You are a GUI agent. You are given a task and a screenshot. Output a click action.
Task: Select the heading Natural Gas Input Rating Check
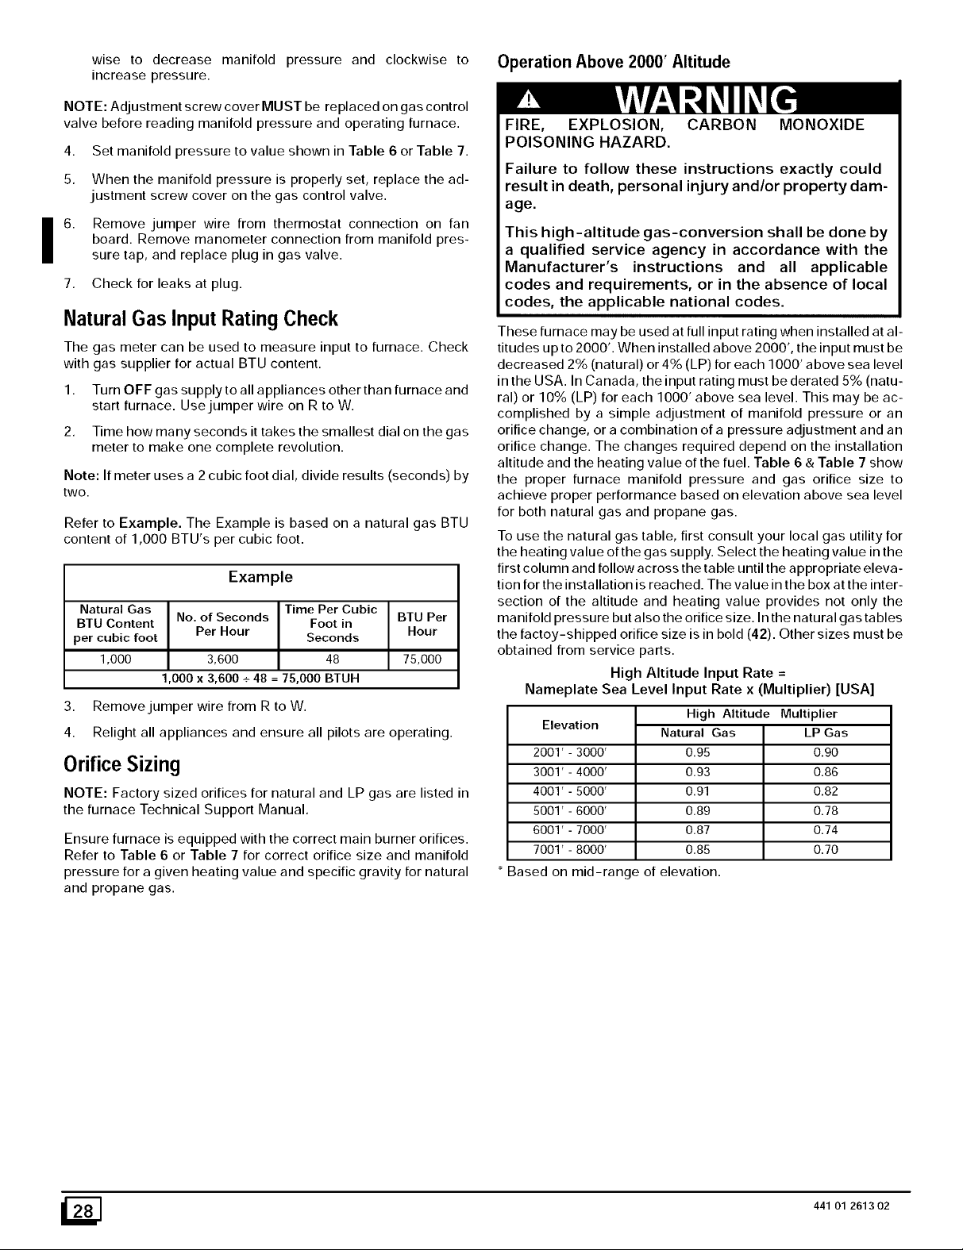pos(200,319)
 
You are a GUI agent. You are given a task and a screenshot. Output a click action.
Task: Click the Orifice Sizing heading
pos(121,764)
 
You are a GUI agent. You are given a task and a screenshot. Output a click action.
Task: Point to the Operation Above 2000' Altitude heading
pos(612,62)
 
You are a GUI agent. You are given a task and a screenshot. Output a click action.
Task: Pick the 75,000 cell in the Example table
pos(422,660)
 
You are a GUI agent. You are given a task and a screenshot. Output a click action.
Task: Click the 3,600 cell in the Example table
pos(223,660)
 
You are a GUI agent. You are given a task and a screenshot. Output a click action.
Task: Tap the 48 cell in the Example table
pos(333,660)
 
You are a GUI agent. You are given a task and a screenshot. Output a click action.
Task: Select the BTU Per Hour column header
pos(422,624)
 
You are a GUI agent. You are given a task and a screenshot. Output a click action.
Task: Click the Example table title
pos(260,576)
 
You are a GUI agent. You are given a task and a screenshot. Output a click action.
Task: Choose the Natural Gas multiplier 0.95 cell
pos(698,753)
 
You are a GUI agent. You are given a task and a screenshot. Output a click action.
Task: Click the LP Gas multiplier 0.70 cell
pos(826,850)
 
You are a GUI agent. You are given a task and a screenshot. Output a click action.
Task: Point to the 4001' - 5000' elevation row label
pos(570,792)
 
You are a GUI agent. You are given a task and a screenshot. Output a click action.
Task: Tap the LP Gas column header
pos(826,733)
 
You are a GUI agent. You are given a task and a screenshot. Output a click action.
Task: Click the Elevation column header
pos(570,724)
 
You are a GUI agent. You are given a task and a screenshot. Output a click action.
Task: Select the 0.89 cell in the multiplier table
pos(698,811)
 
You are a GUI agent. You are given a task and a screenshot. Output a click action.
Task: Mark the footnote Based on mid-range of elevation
pos(608,871)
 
